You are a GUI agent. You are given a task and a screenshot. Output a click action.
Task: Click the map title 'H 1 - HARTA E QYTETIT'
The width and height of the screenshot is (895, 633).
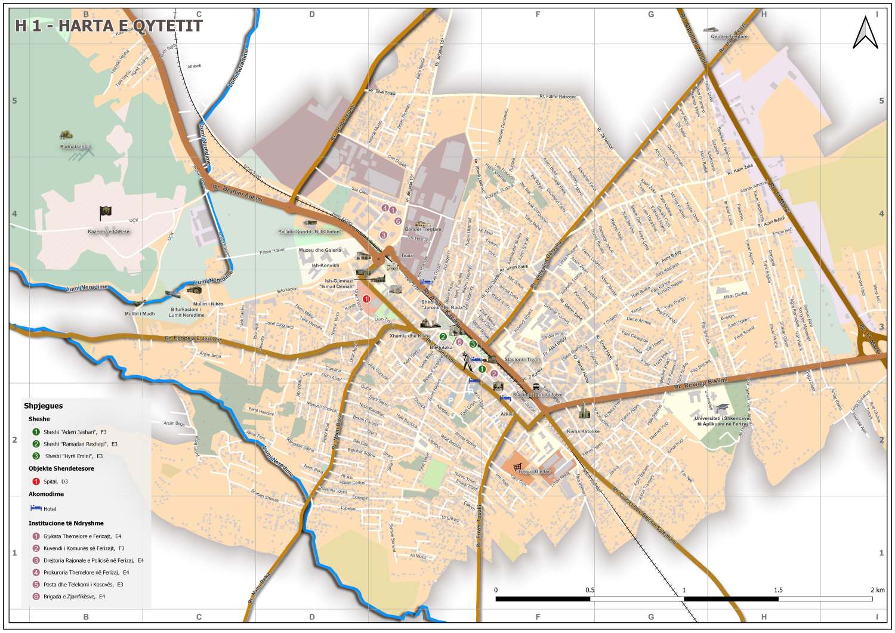(x=109, y=26)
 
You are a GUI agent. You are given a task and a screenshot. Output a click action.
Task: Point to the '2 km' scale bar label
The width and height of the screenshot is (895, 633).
(x=877, y=590)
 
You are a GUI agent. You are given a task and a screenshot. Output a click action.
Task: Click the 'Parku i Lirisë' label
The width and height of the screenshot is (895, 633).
(x=75, y=147)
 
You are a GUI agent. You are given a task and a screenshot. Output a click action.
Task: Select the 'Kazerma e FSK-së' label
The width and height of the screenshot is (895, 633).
(x=109, y=231)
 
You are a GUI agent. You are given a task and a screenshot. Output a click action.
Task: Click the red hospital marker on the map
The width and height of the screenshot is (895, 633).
(x=366, y=299)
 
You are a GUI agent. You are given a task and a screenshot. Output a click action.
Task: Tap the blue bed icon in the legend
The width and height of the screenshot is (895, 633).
(x=36, y=508)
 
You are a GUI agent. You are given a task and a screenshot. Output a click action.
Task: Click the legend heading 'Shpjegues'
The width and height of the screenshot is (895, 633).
(x=43, y=406)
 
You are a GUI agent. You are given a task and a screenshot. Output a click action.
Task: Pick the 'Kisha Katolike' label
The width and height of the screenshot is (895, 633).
(x=583, y=431)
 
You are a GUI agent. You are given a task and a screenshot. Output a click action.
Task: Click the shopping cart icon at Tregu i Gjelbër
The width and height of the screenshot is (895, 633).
(x=517, y=467)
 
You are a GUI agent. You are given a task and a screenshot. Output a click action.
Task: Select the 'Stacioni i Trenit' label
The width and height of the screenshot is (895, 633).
(x=522, y=359)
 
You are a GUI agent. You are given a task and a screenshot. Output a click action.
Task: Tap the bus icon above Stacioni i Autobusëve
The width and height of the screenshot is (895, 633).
(x=536, y=387)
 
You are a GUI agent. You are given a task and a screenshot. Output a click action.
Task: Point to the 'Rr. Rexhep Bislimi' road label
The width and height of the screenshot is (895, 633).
(x=700, y=384)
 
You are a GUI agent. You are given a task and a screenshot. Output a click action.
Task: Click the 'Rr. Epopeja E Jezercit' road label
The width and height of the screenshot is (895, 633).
(x=193, y=339)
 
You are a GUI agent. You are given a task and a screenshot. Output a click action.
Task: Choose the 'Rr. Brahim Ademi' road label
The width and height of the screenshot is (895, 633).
(x=237, y=193)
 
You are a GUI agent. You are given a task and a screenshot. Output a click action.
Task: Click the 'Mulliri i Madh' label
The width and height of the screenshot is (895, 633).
(x=140, y=314)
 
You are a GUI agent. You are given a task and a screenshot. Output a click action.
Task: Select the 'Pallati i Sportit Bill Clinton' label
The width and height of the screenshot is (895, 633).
(x=310, y=231)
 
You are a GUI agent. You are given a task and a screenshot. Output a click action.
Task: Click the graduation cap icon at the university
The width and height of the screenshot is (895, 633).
(x=722, y=409)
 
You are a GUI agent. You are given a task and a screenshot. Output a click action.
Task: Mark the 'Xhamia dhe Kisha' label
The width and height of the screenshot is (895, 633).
(x=410, y=336)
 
